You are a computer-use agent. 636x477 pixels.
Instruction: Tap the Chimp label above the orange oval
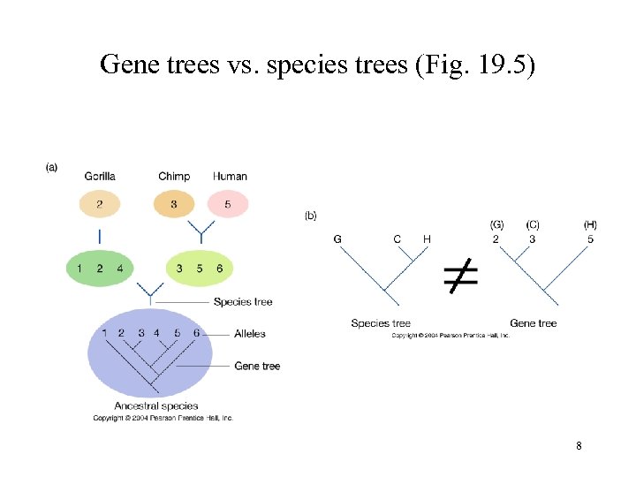coord(174,177)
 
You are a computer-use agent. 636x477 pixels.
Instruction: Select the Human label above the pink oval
coord(231,177)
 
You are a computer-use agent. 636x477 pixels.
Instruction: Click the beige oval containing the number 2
coord(100,205)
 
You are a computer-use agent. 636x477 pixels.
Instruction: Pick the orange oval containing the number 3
coord(174,205)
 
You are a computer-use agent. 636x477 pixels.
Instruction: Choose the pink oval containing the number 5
coord(229,205)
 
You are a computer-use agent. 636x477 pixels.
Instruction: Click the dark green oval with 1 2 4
coord(100,269)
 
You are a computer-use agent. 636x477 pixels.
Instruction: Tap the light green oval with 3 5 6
coord(201,269)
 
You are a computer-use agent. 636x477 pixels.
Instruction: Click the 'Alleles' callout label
coord(250,334)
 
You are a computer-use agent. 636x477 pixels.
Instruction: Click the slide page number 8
coord(579,446)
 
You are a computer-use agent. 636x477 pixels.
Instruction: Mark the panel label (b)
coord(311,215)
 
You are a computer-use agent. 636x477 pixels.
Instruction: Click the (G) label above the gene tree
coord(497,225)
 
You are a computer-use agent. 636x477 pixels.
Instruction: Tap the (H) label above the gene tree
coord(590,225)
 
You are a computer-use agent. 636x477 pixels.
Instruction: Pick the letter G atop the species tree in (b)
coord(337,239)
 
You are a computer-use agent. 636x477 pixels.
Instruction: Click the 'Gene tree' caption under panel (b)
coord(534,323)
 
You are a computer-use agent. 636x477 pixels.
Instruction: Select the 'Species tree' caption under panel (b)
coord(381,323)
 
